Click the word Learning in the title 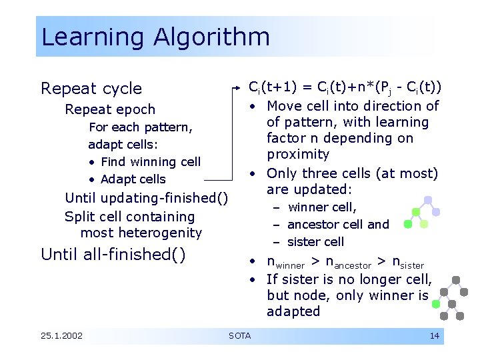(94, 37)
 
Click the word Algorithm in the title (211, 37)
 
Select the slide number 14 (434, 335)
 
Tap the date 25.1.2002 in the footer (61, 335)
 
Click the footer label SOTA (239, 335)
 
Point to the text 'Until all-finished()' (113, 254)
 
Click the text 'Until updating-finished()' (146, 198)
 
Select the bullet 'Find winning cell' (150, 162)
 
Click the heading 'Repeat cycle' (91, 89)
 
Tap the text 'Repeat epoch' (110, 109)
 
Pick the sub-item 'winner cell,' (322, 207)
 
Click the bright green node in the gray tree (437, 304)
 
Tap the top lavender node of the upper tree (428, 200)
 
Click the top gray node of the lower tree (456, 280)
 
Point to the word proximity (298, 155)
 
